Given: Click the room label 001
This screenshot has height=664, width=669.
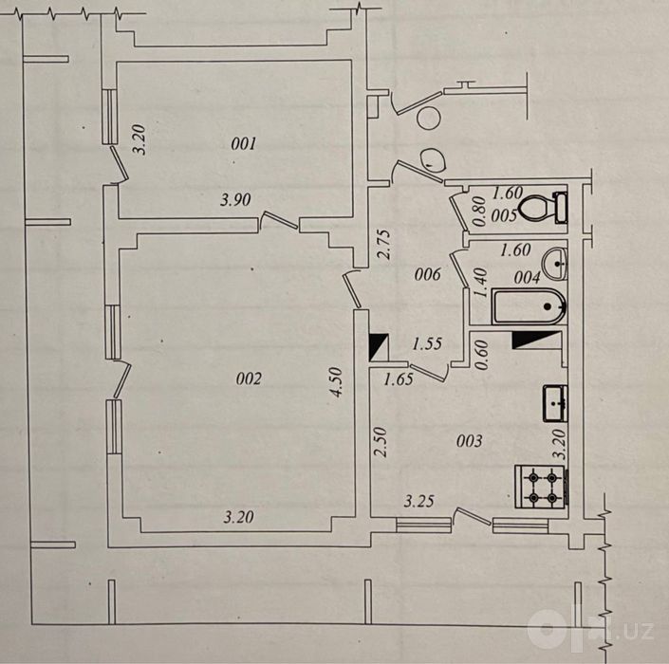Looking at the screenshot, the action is pos(243,144).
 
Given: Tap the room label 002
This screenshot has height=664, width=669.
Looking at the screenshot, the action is pos(249,378).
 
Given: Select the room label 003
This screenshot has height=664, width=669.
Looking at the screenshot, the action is pos(470,440).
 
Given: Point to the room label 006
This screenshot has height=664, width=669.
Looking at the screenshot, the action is pos(427,274).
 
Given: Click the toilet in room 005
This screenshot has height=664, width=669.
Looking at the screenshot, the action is pos(543,207).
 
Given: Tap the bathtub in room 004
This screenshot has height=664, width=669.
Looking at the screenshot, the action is pos(530,306).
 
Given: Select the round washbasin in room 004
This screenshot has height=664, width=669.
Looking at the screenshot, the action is pos(555,264).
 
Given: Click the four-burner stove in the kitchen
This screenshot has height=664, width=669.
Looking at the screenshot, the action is pos(542,487).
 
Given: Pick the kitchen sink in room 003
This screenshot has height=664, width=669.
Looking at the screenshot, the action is pos(555,403).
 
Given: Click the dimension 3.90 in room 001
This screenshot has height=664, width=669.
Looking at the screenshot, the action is pos(235,199).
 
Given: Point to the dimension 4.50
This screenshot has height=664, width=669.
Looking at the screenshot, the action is pos(336,381).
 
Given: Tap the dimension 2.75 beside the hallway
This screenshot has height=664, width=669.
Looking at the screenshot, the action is pos(383,245).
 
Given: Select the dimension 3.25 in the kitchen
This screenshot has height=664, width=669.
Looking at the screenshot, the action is pos(419,501).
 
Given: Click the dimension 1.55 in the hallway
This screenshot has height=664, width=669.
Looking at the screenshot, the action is pos(427,343).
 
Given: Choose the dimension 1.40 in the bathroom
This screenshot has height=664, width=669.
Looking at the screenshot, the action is pos(480,283).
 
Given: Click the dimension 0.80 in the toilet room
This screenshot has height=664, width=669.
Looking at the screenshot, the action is pos(479,212).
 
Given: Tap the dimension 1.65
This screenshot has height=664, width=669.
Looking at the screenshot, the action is pos(398,379).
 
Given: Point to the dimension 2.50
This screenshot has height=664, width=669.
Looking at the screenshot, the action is pos(381,442).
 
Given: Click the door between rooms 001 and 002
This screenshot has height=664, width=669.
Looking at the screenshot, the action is pos(279,221).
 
